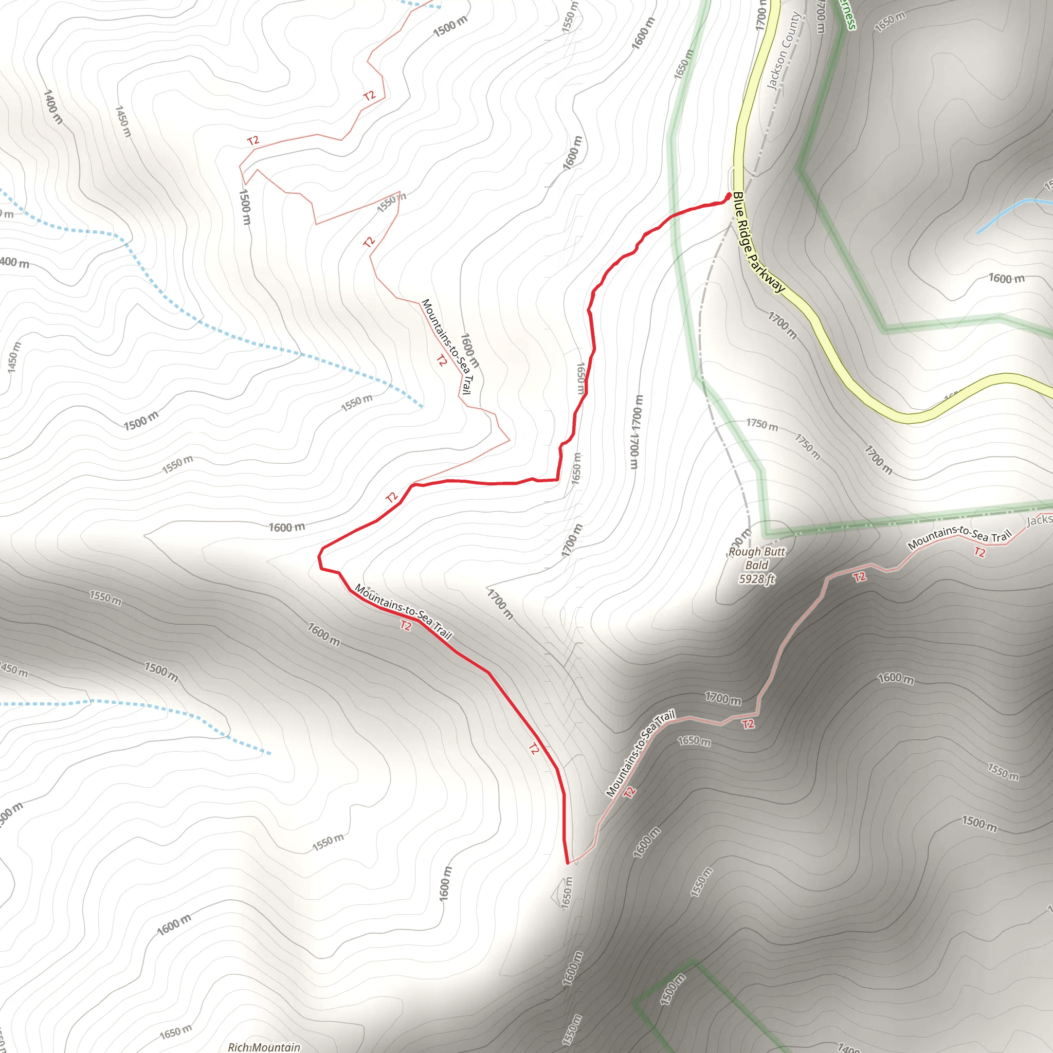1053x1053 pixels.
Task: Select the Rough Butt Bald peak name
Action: click(756, 552)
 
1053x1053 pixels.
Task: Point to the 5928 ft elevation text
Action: click(756, 579)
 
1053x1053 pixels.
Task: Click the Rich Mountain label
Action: click(264, 1047)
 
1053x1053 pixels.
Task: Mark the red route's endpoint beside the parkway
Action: click(729, 195)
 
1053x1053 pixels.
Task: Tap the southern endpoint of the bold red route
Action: click(568, 863)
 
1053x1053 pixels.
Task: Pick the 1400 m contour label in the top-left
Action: click(53, 107)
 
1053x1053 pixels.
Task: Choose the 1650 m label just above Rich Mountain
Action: click(175, 1031)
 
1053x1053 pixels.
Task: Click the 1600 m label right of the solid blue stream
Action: click(1006, 279)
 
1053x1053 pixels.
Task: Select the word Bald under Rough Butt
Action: click(756, 565)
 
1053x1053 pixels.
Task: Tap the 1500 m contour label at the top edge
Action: click(450, 26)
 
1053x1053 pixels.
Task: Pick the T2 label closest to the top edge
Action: click(370, 96)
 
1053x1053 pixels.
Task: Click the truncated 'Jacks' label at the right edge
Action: click(1039, 520)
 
